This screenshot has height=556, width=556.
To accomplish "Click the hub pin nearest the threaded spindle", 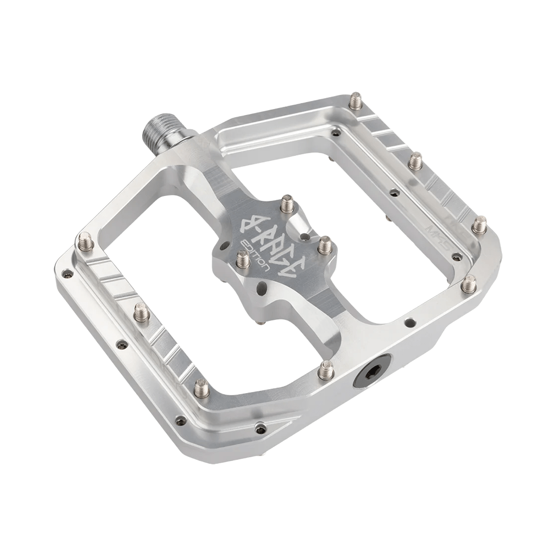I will (x=287, y=204).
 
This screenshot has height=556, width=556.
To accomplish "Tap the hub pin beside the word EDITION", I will (x=243, y=260).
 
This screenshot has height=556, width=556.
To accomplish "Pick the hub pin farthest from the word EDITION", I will (x=324, y=245).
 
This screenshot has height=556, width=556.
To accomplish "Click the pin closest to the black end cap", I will (x=326, y=370).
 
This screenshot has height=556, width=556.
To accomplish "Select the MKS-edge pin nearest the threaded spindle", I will (x=355, y=100).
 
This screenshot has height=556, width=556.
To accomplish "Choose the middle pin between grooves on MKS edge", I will (x=415, y=160).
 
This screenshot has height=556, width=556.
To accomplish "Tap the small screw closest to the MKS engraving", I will (x=457, y=256).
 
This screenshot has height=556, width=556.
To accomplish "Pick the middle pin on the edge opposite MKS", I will (x=142, y=312).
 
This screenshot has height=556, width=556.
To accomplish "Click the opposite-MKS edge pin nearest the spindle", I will (x=86, y=241).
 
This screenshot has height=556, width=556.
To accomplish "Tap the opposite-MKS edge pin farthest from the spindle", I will (x=201, y=388).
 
